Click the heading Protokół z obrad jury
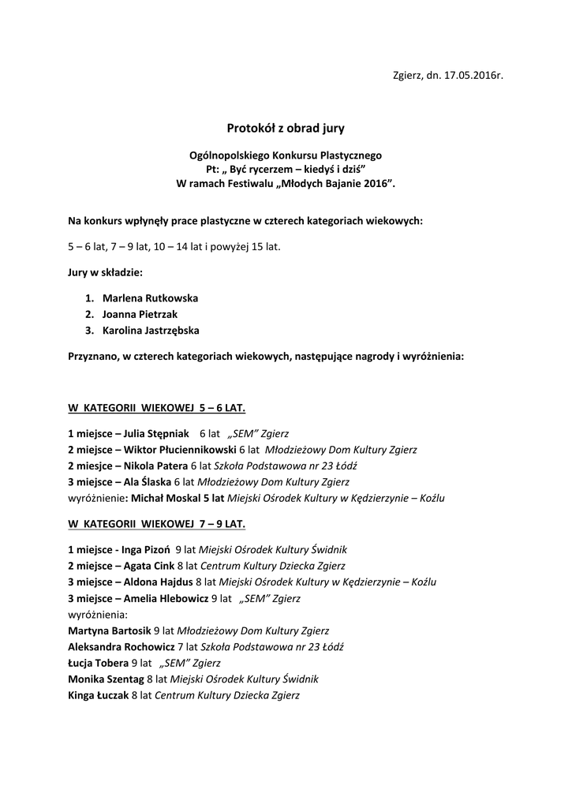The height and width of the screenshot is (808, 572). (x=286, y=126)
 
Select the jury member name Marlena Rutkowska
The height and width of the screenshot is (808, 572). (x=150, y=298)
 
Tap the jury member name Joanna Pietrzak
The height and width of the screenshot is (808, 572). (x=140, y=314)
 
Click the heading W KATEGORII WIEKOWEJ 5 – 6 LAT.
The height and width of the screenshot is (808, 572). (x=157, y=408)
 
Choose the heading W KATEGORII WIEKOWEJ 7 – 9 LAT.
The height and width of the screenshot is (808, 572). (x=157, y=523)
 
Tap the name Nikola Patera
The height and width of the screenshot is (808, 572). (x=156, y=465)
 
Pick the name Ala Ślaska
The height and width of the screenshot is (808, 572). (x=148, y=481)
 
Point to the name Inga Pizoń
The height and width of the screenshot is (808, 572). (x=147, y=549)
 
